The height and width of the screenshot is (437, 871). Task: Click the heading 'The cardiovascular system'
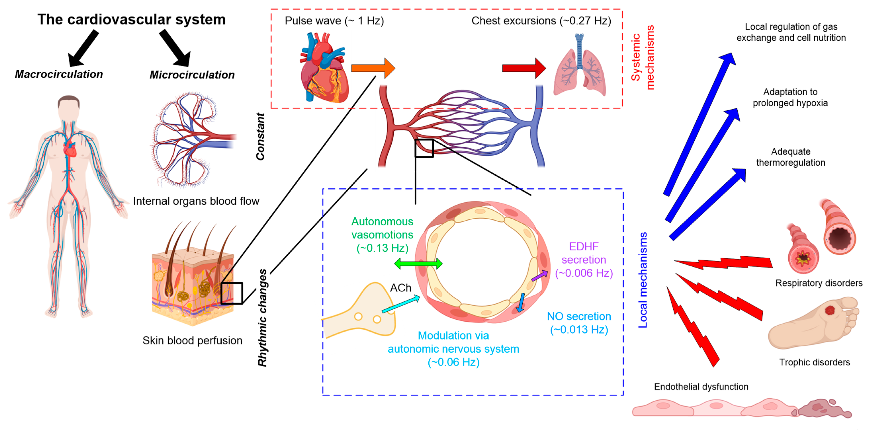tap(132, 19)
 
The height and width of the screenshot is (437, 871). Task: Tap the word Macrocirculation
tap(59, 74)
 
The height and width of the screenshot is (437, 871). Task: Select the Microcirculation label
tap(192, 75)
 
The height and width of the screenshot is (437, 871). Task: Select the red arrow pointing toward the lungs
tap(524, 68)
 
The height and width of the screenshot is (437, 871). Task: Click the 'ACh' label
tap(401, 288)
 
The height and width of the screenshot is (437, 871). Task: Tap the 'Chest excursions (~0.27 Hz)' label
tap(541, 21)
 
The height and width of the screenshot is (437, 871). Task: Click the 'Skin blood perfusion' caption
tap(192, 340)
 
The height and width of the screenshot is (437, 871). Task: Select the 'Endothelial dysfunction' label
tap(701, 387)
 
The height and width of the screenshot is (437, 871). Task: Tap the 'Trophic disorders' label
tap(814, 362)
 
